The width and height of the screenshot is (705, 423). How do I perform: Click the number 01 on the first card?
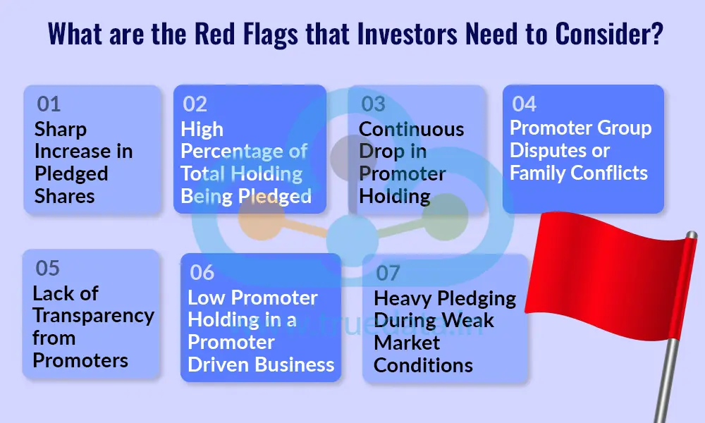(49, 104)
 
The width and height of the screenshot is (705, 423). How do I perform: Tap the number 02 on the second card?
(195, 104)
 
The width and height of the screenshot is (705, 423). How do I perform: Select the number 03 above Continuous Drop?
(373, 104)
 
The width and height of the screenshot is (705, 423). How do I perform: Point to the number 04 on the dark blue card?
(524, 104)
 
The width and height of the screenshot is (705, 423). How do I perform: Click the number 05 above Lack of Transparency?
(47, 269)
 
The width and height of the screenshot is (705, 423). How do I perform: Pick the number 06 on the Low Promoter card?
(202, 273)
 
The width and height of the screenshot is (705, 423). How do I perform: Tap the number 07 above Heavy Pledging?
(388, 274)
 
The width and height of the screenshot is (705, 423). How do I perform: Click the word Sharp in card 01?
(61, 129)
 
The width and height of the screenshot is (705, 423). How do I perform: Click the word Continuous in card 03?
(411, 129)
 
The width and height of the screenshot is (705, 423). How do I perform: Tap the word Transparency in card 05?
(93, 315)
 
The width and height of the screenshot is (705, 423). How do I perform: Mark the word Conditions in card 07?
(423, 365)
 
